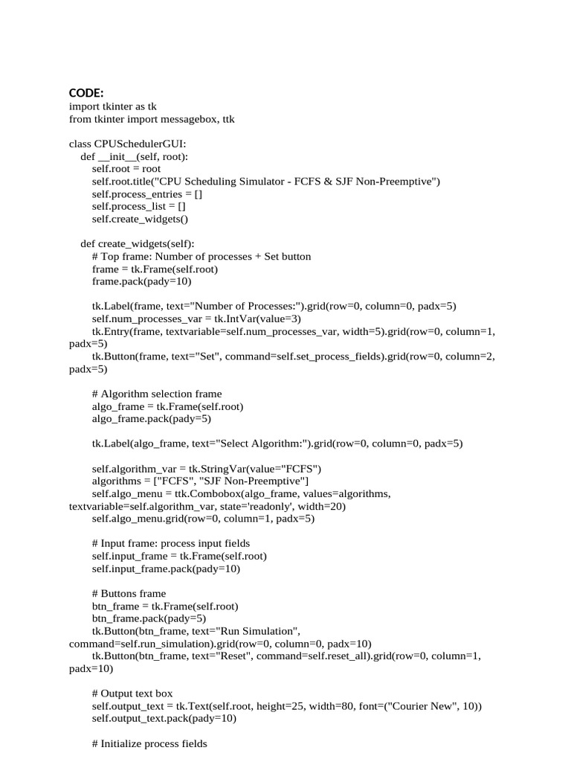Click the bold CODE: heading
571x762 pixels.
coord(86,92)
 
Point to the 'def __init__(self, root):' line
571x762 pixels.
coord(135,156)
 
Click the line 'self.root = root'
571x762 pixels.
coord(126,169)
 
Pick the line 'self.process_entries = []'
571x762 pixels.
coord(147,194)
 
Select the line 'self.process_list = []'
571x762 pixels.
coord(138,207)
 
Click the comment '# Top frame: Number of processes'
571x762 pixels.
coord(201,257)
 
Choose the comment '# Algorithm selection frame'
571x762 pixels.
coord(157,394)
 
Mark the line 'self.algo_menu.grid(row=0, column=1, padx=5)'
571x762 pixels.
coord(203,519)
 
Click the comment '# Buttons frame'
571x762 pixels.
coord(129,594)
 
